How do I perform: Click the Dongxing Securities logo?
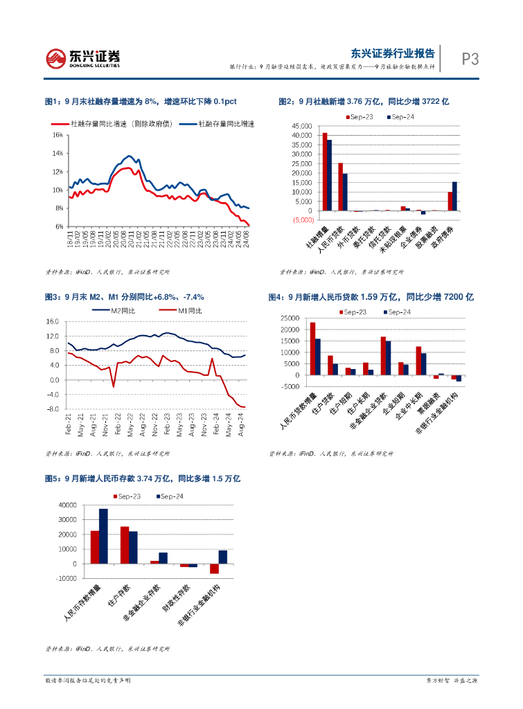(83, 58)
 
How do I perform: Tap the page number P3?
(470, 60)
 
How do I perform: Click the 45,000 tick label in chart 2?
(301, 127)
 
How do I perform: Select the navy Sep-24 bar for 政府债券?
(454, 196)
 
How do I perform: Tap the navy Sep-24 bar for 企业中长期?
(423, 364)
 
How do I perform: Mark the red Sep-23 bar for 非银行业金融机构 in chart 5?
(215, 568)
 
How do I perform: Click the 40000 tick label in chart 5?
(67, 505)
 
